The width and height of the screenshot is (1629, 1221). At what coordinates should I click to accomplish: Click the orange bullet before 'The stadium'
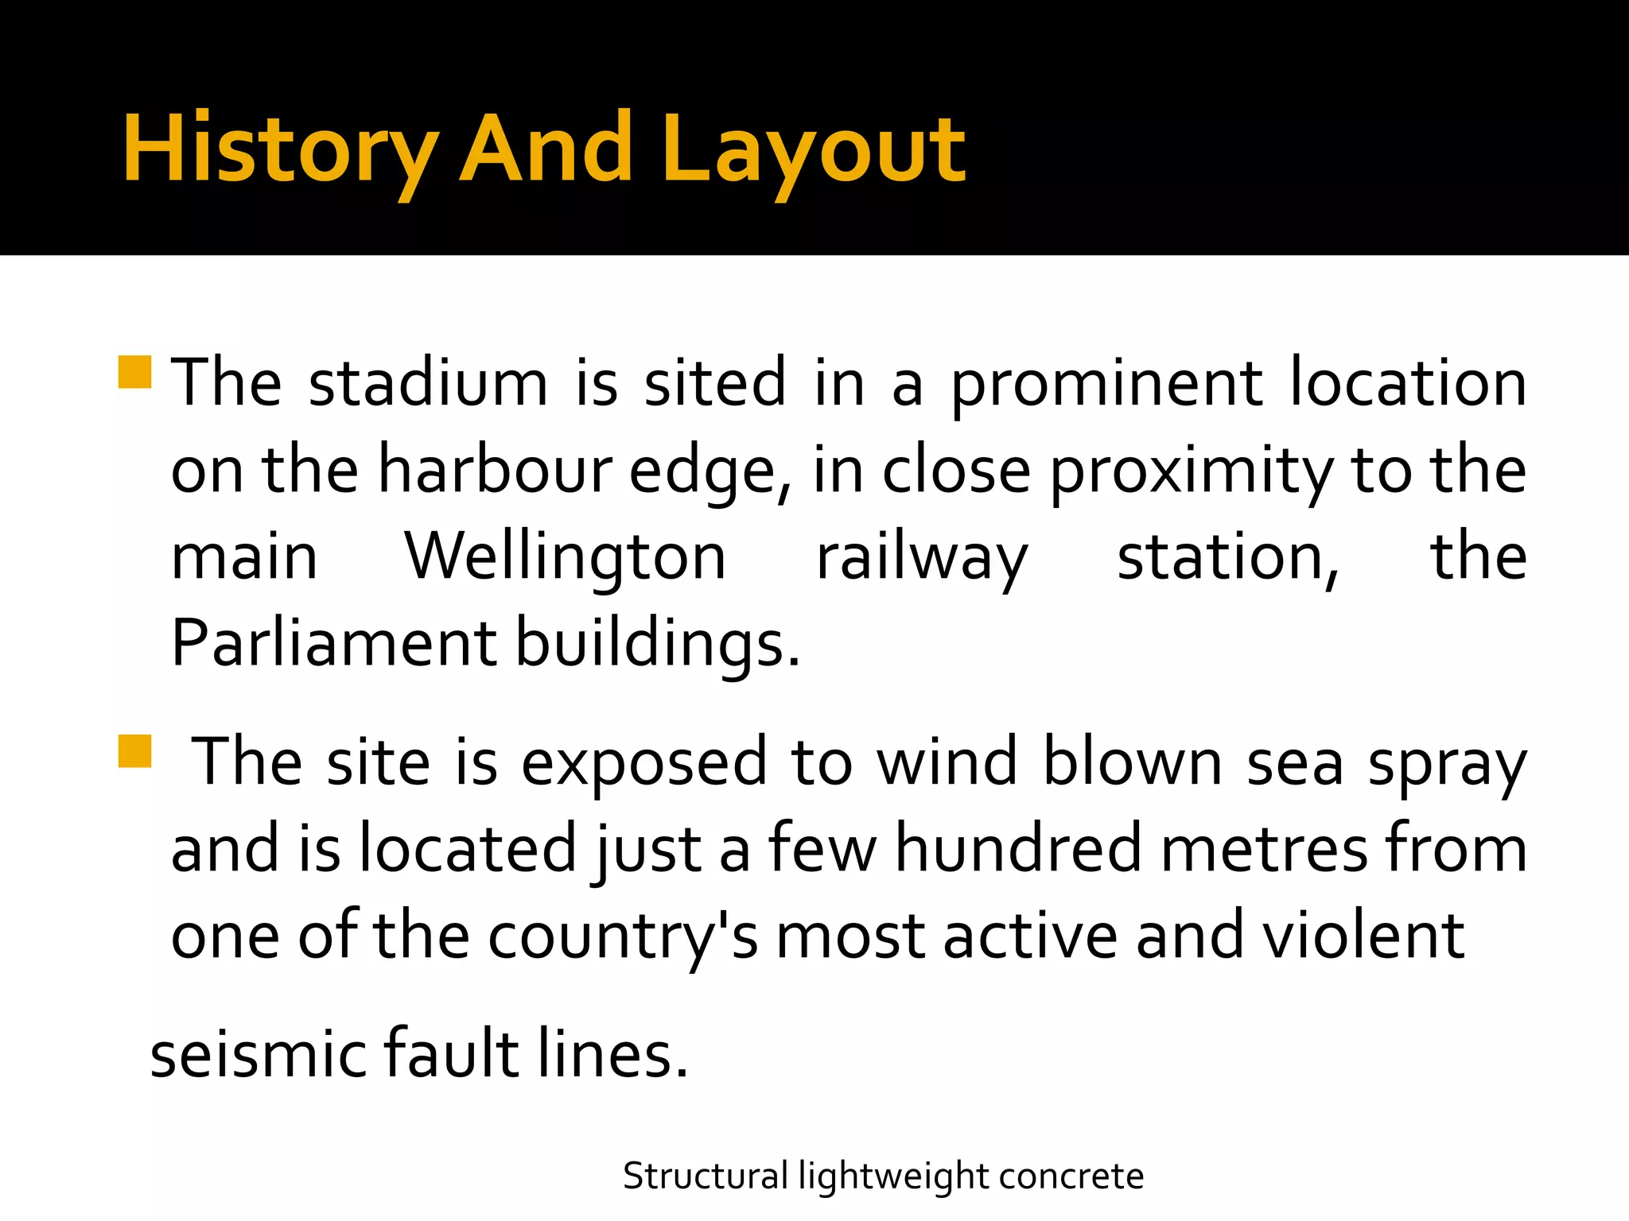click(134, 371)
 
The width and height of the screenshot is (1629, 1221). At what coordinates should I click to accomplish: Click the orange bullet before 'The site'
click(134, 750)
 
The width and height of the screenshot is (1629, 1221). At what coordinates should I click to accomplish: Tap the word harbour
click(494, 470)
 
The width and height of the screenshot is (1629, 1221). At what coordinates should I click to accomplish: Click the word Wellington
click(566, 558)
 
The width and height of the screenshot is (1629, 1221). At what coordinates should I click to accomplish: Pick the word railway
click(922, 558)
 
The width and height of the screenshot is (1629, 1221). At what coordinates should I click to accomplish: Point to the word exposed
click(643, 763)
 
